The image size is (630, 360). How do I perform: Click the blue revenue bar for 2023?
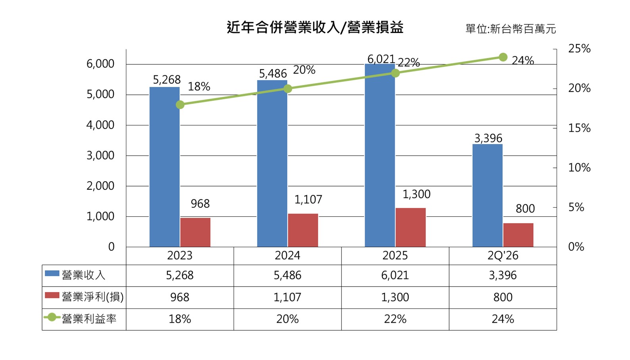pyautogui.click(x=165, y=167)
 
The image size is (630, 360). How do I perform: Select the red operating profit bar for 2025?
pyautogui.click(x=411, y=227)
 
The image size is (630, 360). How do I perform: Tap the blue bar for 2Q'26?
pyautogui.click(x=488, y=196)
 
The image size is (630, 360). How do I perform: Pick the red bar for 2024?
pyautogui.click(x=303, y=230)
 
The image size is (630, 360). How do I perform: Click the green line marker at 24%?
pyautogui.click(x=503, y=57)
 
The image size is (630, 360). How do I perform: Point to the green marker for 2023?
pyautogui.click(x=180, y=105)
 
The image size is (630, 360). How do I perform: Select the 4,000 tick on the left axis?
pyautogui.click(x=100, y=125)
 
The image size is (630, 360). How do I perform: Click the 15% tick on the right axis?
pyautogui.click(x=579, y=128)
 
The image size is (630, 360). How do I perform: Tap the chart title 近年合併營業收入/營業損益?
pyautogui.click(x=315, y=27)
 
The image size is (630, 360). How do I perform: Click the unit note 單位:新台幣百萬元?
pyautogui.click(x=511, y=29)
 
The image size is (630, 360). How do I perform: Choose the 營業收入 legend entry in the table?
pyautogui.click(x=75, y=275)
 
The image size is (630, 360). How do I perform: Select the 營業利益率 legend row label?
pyautogui.click(x=81, y=319)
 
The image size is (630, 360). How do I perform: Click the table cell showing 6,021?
pyautogui.click(x=395, y=275)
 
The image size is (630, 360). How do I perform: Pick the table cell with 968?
pyautogui.click(x=180, y=297)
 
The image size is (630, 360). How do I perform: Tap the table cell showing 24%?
pyautogui.click(x=503, y=319)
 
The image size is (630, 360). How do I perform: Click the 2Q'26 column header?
pyautogui.click(x=503, y=256)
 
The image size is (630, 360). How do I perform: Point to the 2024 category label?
pyautogui.click(x=288, y=256)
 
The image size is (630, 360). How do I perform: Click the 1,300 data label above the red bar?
pyautogui.click(x=417, y=194)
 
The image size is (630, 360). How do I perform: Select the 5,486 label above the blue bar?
pyautogui.click(x=273, y=74)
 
